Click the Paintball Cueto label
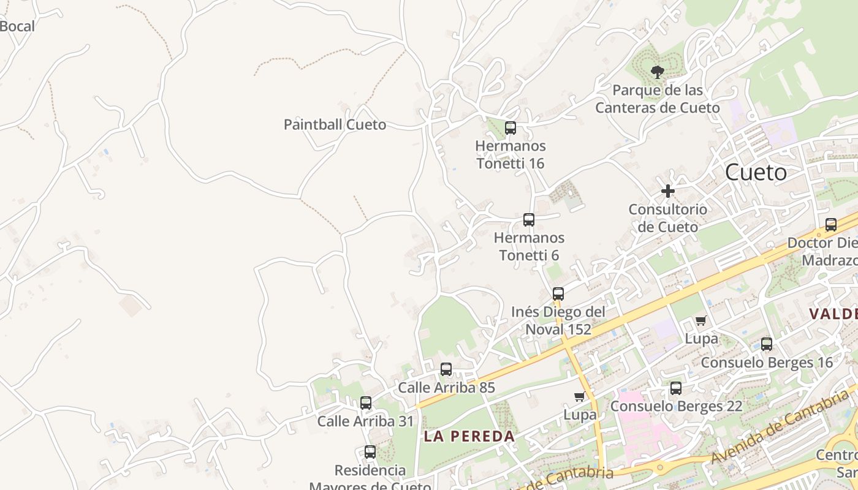click(335, 125)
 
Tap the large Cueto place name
click(756, 173)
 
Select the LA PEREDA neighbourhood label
click(469, 437)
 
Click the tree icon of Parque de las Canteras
click(657, 72)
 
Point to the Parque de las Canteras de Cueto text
click(658, 99)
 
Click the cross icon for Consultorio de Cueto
click(667, 191)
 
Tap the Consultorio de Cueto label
click(667, 218)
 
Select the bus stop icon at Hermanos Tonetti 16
click(510, 128)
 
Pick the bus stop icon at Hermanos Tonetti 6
click(528, 220)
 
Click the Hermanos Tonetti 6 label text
click(529, 246)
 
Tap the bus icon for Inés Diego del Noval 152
click(558, 294)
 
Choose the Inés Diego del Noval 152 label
click(558, 321)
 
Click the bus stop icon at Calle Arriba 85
click(446, 369)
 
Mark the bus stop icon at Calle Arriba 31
click(366, 403)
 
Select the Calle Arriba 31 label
click(365, 421)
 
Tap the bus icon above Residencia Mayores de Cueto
click(370, 452)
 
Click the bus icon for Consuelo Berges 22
click(675, 388)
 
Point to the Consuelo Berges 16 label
click(767, 363)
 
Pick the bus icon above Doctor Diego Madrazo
click(830, 225)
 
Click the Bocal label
click(17, 26)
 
